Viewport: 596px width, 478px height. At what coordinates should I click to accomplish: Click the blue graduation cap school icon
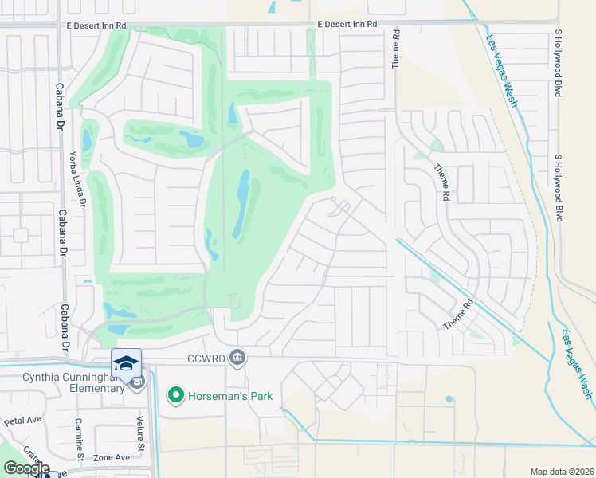tap(126, 363)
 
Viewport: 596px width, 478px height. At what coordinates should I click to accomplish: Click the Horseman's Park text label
tap(229, 396)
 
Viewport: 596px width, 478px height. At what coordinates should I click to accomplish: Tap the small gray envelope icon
tap(137, 383)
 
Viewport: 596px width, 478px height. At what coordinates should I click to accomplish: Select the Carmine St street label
tap(79, 440)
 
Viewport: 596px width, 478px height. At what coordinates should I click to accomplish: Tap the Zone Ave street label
tap(112, 457)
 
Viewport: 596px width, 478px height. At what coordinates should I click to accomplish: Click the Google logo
tap(25, 469)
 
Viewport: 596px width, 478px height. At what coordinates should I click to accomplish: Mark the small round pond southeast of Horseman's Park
tap(449, 399)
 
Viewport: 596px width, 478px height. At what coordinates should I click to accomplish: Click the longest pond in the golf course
tap(241, 205)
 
